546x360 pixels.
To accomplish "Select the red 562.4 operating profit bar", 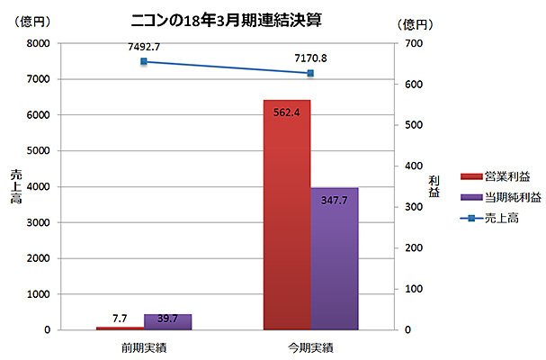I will pos(287,216).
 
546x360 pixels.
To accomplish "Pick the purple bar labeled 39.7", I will pos(167,321).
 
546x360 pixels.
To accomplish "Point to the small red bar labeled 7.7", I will pos(120,328).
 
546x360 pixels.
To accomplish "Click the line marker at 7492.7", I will pos(144,61).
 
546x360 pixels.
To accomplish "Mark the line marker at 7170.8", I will pos(310,73).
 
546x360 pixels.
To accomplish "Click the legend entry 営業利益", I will pos(499,176).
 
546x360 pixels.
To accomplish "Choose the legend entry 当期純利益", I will pos(505,196).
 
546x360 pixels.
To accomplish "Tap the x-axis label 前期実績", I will pos(144,346).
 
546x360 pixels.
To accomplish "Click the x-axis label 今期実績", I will pos(310,346).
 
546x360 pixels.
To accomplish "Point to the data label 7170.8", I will pos(310,58).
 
